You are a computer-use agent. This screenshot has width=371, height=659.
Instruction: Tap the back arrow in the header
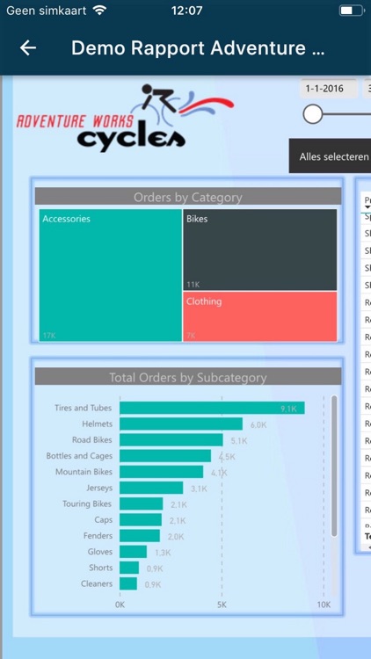28,48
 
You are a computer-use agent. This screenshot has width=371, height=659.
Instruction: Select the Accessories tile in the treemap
110,274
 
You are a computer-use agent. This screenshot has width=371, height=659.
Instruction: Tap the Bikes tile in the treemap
260,250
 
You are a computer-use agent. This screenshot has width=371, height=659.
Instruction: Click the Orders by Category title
187,197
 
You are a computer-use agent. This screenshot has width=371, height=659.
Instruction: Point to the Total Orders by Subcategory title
187,378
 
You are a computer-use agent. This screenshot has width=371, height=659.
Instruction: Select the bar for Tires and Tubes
211,408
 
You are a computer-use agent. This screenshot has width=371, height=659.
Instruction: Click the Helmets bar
180,424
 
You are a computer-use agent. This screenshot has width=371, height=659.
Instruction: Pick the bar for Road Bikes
171,440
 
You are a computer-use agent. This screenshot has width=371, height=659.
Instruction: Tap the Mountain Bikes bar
161,472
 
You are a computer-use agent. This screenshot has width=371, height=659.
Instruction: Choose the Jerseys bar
151,488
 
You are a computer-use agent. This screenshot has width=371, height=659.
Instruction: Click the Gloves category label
99,552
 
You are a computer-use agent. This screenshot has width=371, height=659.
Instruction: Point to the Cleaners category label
97,583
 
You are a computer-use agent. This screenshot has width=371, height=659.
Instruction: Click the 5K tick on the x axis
222,605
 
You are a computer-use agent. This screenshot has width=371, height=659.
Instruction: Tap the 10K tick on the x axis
324,605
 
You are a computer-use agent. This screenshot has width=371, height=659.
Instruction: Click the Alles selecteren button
331,156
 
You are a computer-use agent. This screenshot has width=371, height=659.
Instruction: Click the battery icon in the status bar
349,11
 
